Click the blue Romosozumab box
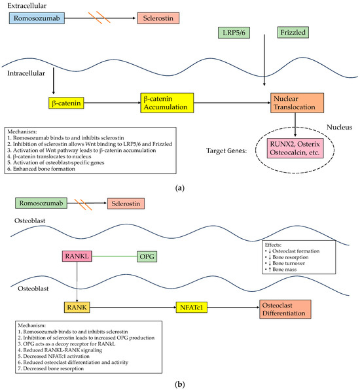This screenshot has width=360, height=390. [x=37, y=18]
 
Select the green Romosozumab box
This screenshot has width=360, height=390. [x=41, y=203]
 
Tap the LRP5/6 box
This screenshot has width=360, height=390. [x=234, y=33]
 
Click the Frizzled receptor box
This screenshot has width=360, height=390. [x=293, y=32]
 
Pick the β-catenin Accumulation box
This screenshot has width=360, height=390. [x=167, y=103]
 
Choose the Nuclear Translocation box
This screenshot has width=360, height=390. [x=297, y=103]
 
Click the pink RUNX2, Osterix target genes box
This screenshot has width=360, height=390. [x=295, y=149]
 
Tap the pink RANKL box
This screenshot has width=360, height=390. [x=77, y=257]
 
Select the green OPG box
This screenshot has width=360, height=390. [x=147, y=257]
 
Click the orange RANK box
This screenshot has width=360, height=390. [x=77, y=307]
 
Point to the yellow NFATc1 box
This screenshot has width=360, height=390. [x=192, y=307]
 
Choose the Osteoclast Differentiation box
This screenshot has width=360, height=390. [x=285, y=309]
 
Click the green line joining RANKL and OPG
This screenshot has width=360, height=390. [x=115, y=257]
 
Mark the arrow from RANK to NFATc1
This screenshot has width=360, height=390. [x=133, y=307]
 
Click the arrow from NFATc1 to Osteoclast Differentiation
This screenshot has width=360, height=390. [x=233, y=307]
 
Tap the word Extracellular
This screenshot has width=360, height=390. [x=27, y=5]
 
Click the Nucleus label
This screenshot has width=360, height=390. [x=339, y=127]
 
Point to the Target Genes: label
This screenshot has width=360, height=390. [x=226, y=151]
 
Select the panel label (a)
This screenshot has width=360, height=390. [x=180, y=188]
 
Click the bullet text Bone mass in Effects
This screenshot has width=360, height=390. [x=284, y=270]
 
